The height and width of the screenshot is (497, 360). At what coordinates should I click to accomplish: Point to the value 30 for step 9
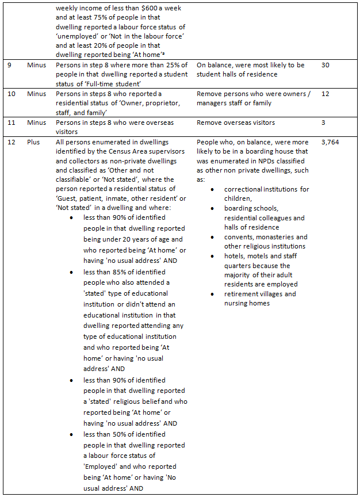(x=325, y=66)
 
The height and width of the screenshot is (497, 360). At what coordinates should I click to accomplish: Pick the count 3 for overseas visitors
(x=323, y=123)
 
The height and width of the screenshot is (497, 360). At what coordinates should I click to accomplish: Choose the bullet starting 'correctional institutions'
(x=266, y=189)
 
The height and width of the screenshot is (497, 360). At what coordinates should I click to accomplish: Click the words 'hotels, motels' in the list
(x=248, y=256)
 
